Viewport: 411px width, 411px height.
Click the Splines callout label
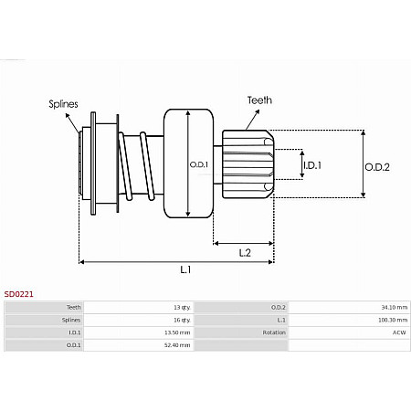[x=63, y=104]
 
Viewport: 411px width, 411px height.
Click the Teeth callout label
[x=258, y=100]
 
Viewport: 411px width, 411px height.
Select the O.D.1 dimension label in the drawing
[x=199, y=165]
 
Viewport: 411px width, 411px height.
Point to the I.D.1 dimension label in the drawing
[x=312, y=165]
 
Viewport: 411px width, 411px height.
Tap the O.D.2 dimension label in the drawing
[x=377, y=166]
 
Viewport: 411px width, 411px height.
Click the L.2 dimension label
[x=245, y=251]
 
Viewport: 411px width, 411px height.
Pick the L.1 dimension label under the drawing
[x=185, y=269]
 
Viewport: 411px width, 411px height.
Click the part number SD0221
[x=19, y=294]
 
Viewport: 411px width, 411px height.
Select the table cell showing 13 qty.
[x=182, y=308]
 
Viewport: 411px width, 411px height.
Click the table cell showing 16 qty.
[x=182, y=321]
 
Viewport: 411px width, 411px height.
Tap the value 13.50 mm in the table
[x=178, y=333]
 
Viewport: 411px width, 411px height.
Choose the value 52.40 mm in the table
[x=178, y=346]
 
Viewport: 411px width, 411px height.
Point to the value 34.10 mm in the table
[x=395, y=308]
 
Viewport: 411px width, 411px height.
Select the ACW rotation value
[x=399, y=333]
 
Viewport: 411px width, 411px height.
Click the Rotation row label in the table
[x=273, y=333]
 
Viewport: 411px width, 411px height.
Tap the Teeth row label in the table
[x=73, y=308]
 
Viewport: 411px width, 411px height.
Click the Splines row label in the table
[x=71, y=321]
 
